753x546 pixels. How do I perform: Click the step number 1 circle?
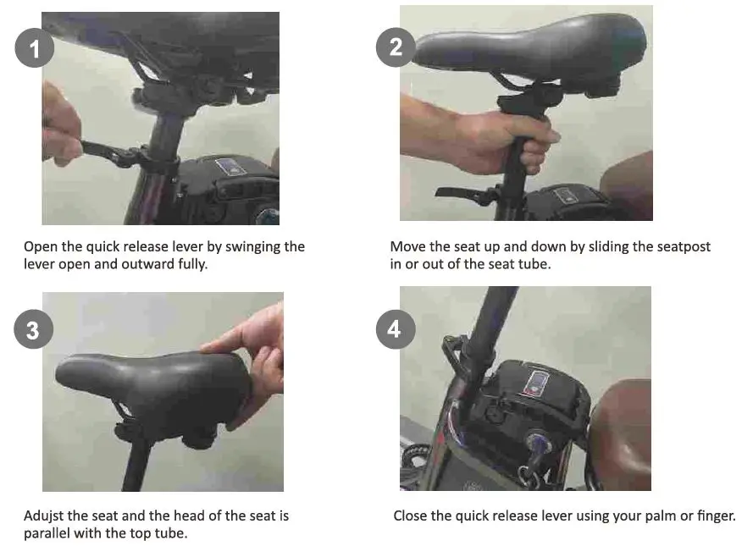tap(35, 48)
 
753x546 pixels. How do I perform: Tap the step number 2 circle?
tap(396, 47)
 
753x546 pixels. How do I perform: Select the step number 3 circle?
tap(33, 329)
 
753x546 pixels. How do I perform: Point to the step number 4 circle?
tap(396, 329)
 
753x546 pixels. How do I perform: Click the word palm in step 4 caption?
tap(662, 516)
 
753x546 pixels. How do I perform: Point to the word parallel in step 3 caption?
tap(47, 533)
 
